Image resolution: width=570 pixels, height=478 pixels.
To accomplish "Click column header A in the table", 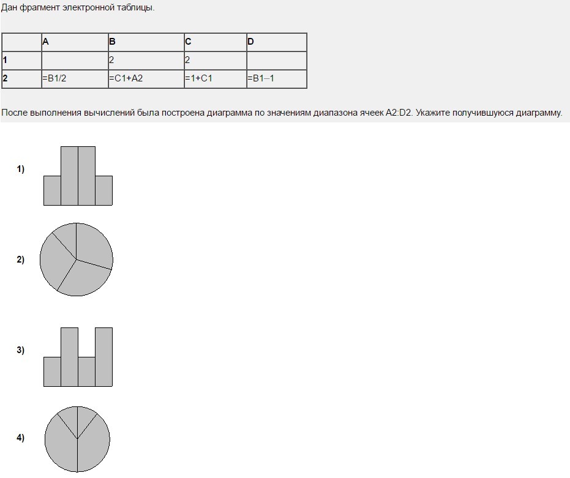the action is point(45,42).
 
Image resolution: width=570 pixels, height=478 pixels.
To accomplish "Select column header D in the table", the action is point(250,42).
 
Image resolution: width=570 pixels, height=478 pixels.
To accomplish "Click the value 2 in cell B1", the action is point(111,60).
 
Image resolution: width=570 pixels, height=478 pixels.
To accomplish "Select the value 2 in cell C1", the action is point(187,60).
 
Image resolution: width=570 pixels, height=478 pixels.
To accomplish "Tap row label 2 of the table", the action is point(5,78).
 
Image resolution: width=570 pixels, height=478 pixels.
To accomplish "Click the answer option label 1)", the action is point(21,169).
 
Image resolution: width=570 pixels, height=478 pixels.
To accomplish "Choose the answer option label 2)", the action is point(21,260).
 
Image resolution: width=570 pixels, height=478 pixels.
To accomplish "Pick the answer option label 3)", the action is point(21,350).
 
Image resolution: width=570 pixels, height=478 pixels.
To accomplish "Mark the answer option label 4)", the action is point(21,438).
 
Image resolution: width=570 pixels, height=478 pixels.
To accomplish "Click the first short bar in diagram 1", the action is point(53,191).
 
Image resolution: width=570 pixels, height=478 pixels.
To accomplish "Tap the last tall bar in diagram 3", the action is point(104,357).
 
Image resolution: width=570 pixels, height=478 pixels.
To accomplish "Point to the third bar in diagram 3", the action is point(87,372).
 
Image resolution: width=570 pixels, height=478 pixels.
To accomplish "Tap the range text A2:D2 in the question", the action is point(399,113).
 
